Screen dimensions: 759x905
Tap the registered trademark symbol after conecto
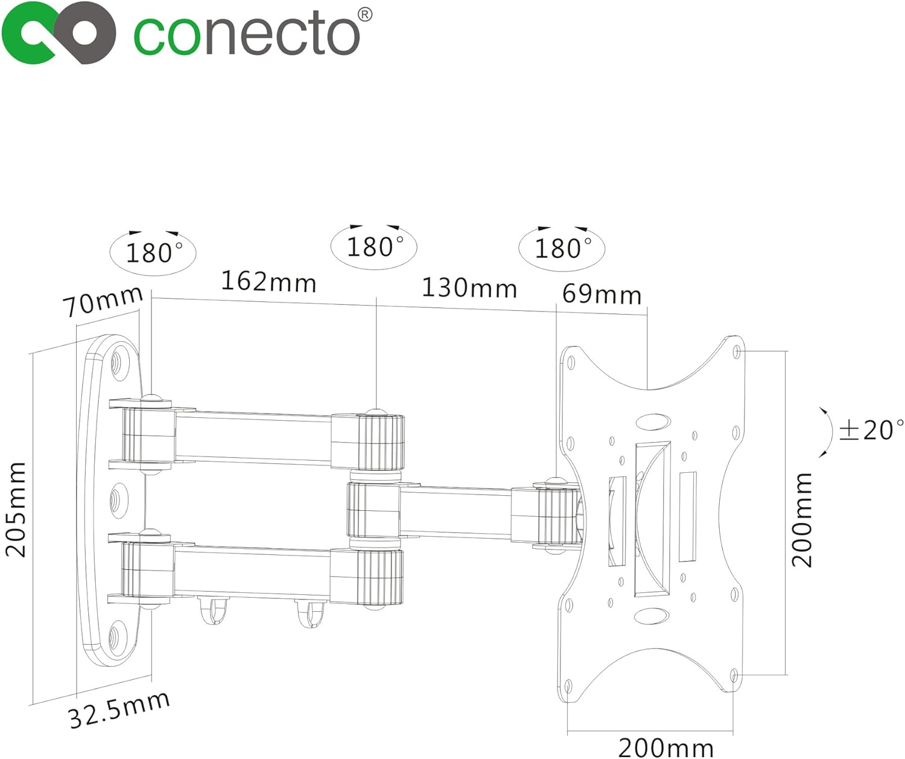(365, 15)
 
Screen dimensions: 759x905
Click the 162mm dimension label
(268, 281)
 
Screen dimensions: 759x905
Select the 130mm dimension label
(469, 287)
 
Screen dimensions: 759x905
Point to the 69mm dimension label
(602, 295)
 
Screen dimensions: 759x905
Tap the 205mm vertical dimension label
(16, 509)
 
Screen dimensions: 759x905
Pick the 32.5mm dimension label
(119, 710)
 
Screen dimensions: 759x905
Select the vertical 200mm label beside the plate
(802, 519)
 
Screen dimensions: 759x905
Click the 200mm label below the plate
(665, 747)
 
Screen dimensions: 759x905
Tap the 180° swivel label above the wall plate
(153, 252)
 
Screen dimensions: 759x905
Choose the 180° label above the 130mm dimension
(374, 246)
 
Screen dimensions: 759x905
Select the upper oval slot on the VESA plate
(652, 421)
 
